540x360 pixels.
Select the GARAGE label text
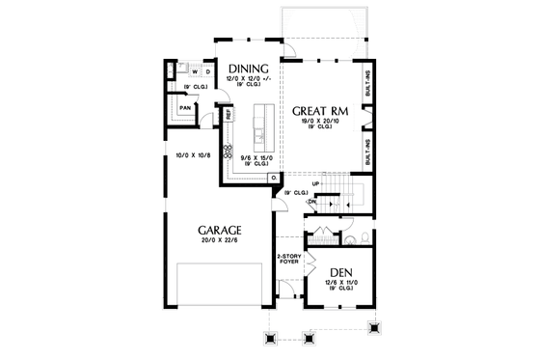click(220, 231)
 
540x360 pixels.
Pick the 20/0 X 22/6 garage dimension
click(220, 241)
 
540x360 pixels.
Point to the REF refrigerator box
click(229, 114)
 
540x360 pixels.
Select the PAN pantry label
click(184, 108)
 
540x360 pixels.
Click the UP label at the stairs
click(315, 181)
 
